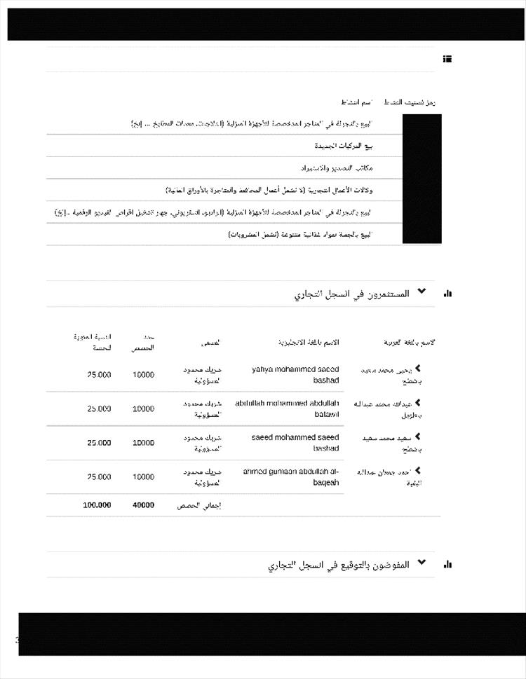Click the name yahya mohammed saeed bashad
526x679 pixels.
click(295, 374)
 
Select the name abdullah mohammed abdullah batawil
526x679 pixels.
click(287, 409)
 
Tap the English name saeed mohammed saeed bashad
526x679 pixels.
click(295, 442)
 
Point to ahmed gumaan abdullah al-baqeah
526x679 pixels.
click(291, 476)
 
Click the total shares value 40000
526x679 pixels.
click(143, 505)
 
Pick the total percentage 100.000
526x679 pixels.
click(97, 505)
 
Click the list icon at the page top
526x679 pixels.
click(447, 59)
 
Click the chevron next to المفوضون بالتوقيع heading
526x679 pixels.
click(422, 563)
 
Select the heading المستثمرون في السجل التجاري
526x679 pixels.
click(351, 294)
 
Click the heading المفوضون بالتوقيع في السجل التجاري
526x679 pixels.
click(338, 565)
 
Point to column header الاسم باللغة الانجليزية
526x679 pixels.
click(309, 342)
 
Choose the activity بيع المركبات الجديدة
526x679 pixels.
click(343, 146)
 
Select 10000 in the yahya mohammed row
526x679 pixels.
click(143, 374)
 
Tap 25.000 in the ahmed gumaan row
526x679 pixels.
click(99, 476)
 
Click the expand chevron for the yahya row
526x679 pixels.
click(418, 368)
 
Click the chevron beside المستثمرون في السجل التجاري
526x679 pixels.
click(422, 291)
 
